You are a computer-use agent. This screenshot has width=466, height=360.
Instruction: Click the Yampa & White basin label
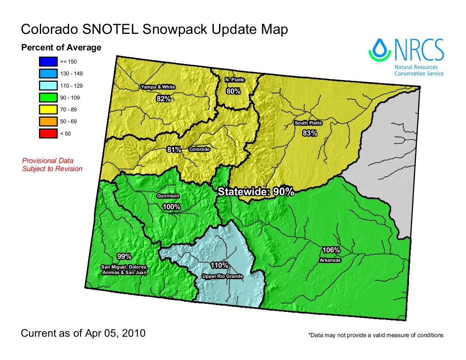coord(158,87)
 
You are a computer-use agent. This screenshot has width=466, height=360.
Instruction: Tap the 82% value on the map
coord(164,99)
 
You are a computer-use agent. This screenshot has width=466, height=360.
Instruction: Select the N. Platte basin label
coord(234,80)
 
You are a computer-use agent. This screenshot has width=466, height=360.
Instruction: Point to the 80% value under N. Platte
coord(233,91)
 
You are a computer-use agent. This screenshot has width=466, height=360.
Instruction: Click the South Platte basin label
coord(308,123)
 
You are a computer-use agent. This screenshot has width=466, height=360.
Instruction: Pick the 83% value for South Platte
coord(310,133)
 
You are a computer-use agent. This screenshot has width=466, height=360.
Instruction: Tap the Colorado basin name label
coord(199,150)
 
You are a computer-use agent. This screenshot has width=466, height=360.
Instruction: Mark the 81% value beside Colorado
coord(174,150)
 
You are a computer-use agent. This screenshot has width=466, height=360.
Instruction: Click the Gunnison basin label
coord(168,197)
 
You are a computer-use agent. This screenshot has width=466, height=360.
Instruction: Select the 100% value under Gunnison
coord(172,207)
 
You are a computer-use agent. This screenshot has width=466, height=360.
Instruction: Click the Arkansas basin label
coord(331,260)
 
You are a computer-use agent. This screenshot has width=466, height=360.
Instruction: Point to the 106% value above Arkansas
coord(331,250)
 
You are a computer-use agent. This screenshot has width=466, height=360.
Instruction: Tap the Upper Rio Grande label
coord(222,277)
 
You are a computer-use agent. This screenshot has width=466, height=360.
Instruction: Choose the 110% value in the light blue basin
coord(219,266)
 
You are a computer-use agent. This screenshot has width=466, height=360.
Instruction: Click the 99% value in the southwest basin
coord(124,257)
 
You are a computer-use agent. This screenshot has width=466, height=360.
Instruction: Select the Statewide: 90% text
coord(256,191)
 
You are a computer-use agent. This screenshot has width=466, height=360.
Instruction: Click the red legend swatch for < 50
coord(47,133)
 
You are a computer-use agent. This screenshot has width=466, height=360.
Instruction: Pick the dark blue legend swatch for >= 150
coord(47,62)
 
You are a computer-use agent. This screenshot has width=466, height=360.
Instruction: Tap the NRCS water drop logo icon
coord(380,50)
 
